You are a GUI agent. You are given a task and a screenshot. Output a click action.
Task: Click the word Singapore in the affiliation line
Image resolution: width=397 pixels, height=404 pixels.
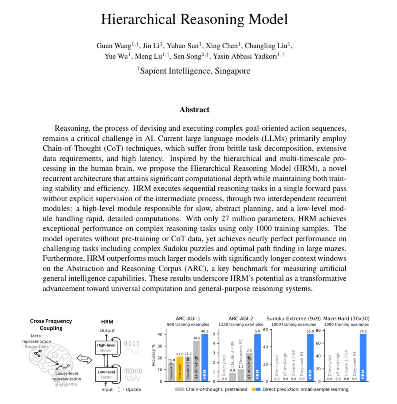click(232, 71)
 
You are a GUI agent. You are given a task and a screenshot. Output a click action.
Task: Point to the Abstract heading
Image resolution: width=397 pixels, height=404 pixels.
click(194, 110)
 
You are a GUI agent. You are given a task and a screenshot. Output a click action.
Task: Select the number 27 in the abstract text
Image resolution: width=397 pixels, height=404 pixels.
click(226, 219)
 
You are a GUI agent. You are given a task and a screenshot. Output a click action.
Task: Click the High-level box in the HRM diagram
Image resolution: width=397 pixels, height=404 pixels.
click(105, 348)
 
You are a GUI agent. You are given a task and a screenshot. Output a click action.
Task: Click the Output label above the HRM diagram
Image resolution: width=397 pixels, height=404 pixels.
click(107, 330)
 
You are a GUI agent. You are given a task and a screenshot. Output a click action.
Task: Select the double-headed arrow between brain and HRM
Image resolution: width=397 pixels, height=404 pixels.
click(84, 360)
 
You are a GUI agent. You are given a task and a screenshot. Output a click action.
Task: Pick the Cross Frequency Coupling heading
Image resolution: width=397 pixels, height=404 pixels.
click(51, 324)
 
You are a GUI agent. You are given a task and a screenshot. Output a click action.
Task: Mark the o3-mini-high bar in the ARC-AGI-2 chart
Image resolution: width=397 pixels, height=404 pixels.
click(249, 367)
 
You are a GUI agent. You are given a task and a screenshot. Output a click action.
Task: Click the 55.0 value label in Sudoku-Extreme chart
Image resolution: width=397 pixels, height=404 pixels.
click(310, 332)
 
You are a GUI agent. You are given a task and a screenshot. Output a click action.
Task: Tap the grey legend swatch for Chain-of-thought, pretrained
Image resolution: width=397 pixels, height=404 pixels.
click(179, 389)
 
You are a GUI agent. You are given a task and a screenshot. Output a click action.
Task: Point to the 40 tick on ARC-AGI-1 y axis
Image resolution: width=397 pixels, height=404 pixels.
click(160, 334)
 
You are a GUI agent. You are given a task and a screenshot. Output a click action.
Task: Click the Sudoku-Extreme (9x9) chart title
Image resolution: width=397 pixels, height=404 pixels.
click(293, 318)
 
